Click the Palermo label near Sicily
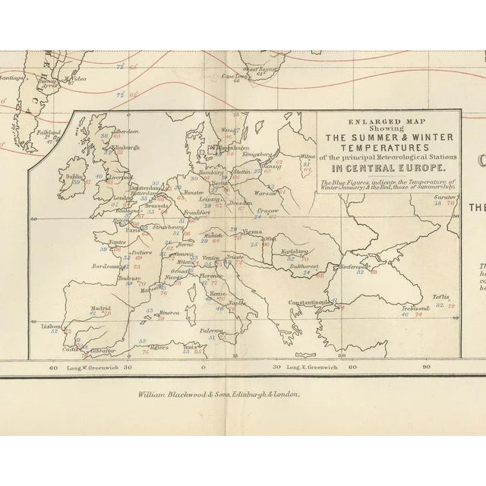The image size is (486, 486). [212, 331]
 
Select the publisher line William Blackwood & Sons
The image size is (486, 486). [219, 395]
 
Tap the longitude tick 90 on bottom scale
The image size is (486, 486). [427, 368]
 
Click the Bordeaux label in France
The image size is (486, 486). [106, 267]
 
